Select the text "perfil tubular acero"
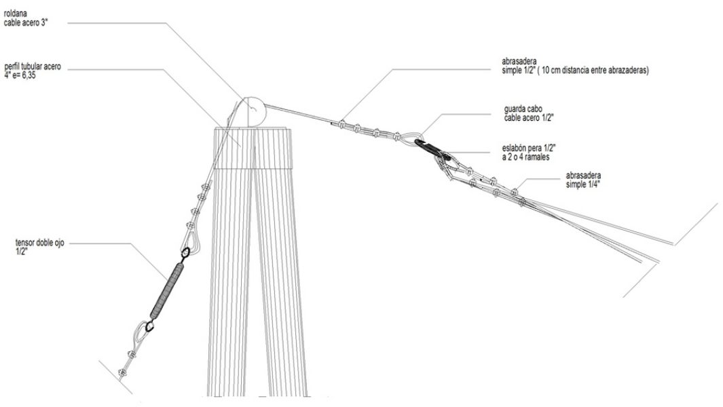click(31, 66)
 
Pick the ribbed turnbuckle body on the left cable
click(168, 290)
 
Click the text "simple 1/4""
click(582, 184)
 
